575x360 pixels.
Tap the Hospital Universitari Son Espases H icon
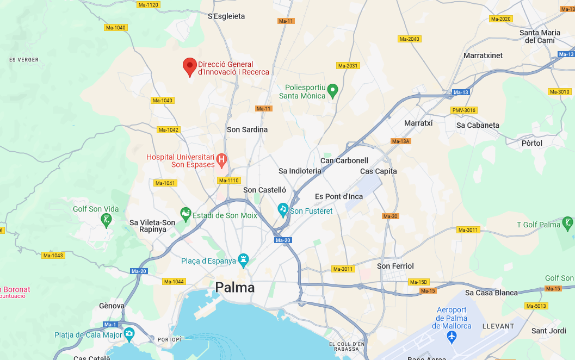tap(221, 160)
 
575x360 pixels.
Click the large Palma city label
tap(235, 288)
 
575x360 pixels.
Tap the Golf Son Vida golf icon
tap(107, 220)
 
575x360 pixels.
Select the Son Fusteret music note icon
tap(283, 209)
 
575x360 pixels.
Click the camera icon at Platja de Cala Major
tap(129, 333)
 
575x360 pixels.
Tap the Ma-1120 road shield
tap(148, 5)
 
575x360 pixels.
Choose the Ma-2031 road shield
tap(348, 66)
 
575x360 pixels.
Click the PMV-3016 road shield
tap(464, 110)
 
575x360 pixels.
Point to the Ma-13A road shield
tap(400, 141)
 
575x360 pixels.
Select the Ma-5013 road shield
tap(536, 306)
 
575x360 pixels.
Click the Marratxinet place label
tap(483, 55)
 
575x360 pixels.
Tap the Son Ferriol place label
tap(395, 266)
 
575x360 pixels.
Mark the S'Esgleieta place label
tap(226, 16)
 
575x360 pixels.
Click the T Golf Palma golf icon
tap(567, 222)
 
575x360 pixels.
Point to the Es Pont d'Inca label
tap(339, 196)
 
